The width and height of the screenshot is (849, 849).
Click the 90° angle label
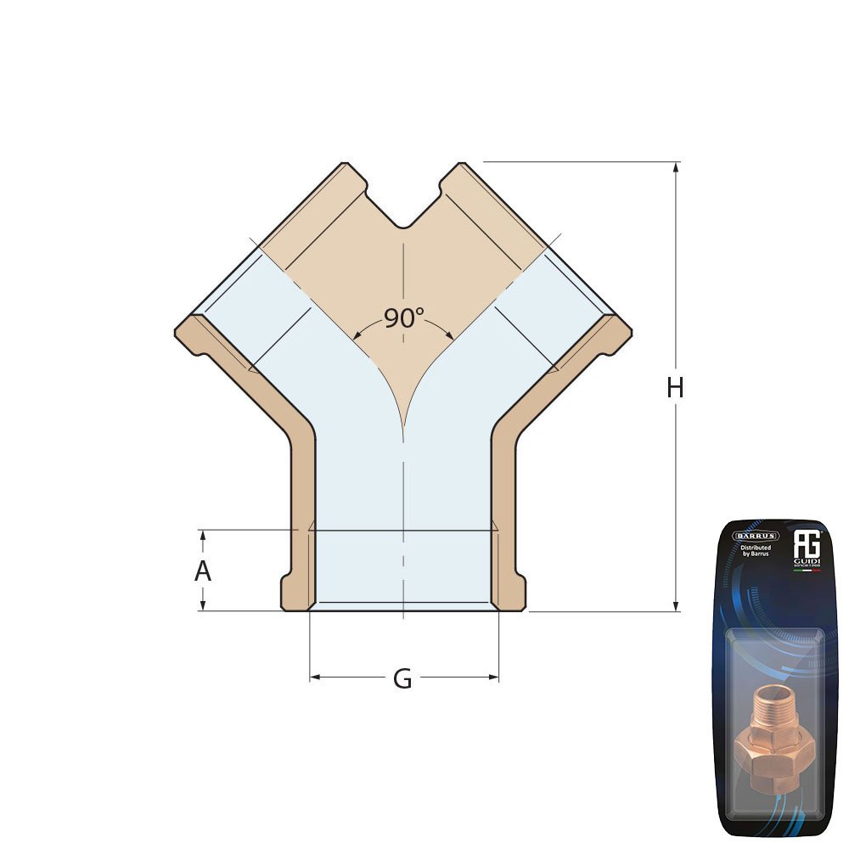click(403, 318)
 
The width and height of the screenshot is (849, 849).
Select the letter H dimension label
click(675, 388)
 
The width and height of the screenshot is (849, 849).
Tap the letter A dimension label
click(202, 571)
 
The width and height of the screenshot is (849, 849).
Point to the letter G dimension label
click(402, 679)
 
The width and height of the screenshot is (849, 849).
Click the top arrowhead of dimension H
click(676, 167)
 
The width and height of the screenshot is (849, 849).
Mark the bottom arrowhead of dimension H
click(676, 605)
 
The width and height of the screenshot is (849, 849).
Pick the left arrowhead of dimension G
click(315, 677)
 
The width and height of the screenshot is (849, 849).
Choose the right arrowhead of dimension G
click(493, 677)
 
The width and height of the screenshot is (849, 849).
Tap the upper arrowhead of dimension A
click(202, 535)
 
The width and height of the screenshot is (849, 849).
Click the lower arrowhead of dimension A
click(202, 605)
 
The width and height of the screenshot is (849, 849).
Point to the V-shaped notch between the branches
click(404, 222)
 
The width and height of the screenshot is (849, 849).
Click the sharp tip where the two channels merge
click(403, 424)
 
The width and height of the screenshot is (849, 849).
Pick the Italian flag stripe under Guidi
click(806, 570)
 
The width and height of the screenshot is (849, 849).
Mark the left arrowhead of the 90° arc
click(358, 334)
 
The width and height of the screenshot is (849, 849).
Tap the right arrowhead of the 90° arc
click(449, 334)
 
